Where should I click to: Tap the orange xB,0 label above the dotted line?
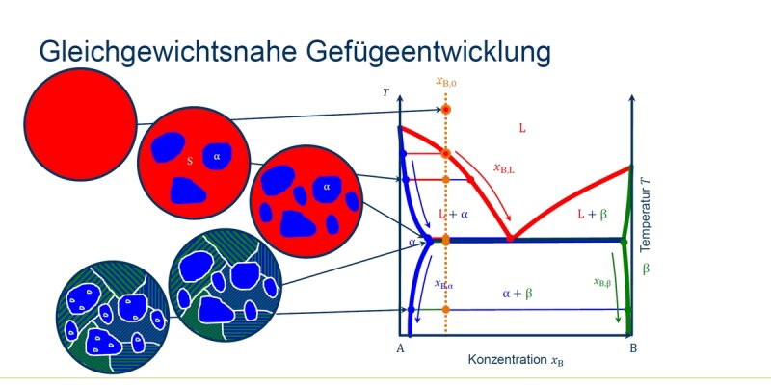point(446,82)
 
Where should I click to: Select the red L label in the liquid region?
point(522,129)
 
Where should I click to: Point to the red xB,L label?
point(504,167)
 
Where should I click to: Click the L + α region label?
point(453,214)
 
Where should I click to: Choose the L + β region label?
point(593,214)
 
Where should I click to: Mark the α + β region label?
point(518,294)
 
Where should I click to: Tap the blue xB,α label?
point(443,284)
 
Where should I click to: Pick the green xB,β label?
point(602,282)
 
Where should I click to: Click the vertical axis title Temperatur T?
point(645,216)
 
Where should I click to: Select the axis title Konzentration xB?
point(516,359)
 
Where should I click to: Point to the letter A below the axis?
point(400,348)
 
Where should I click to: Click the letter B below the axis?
point(633,348)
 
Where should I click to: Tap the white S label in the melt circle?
point(189,161)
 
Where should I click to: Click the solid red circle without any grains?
point(80,124)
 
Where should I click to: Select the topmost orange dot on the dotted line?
point(446,109)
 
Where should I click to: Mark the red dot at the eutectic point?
point(511,238)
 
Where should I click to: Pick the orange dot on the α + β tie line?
point(446,309)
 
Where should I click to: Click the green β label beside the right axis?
point(646,269)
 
